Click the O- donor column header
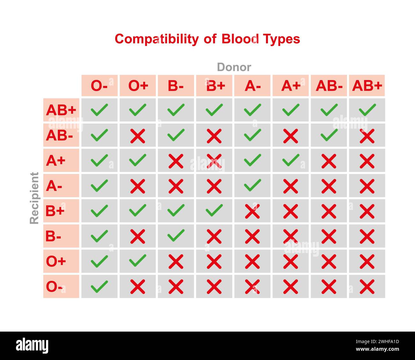pos(99,86)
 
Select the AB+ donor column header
pos(367,86)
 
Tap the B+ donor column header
pos(214,86)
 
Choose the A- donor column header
pos(252,86)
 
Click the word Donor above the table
pos(234,67)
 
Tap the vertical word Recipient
pos(34,198)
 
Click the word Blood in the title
pos(240,39)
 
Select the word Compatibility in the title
pos(156,39)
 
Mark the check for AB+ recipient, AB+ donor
pos(367,110)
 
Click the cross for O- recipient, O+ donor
pos(138,287)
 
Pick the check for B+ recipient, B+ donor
pos(214,210)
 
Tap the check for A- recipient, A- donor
pos(253,185)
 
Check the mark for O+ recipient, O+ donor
pos(138,261)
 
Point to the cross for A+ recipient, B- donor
pos(176,161)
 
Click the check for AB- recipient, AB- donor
pos(329,135)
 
